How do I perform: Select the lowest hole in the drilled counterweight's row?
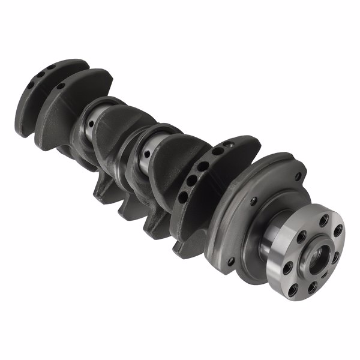[x=182, y=196]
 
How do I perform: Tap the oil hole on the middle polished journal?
[x=146, y=153]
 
